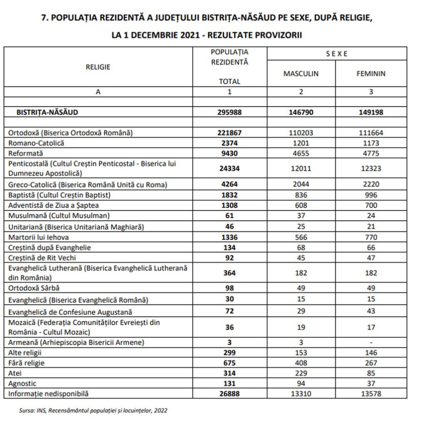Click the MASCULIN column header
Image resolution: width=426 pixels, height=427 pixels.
click(301, 74)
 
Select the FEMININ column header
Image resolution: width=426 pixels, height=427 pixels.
click(371, 74)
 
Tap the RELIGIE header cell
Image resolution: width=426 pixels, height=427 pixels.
click(98, 67)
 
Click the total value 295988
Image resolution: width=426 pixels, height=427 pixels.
click(229, 112)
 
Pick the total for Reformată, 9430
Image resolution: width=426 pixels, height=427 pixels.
click(229, 153)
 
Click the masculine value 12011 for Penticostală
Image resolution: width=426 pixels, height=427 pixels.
click(301, 168)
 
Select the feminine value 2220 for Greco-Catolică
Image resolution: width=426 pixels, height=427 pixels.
click(371, 184)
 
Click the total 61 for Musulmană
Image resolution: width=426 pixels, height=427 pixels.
click(229, 216)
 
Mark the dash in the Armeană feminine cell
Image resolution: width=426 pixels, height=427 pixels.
click(371, 343)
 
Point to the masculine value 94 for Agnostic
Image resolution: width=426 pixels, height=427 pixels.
click(301, 383)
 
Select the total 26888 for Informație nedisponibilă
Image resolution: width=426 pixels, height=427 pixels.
click(229, 393)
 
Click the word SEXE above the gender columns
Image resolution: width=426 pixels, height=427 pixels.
click(337, 54)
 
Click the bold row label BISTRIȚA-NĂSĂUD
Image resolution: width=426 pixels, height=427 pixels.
click(47, 112)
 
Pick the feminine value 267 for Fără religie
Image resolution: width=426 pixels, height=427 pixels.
click(371, 363)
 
